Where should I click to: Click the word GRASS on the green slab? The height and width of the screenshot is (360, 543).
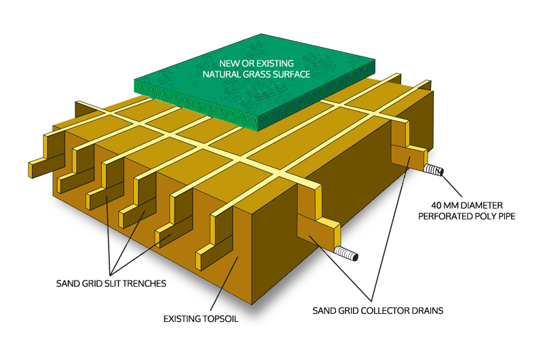coord(260,74)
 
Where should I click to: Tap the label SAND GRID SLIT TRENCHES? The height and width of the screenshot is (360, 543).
coord(110,283)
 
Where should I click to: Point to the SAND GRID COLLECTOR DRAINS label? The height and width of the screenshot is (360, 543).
coord(377,311)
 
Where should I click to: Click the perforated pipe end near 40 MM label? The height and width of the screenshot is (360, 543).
coord(435,170)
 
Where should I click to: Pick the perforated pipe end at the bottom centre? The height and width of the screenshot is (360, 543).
coord(350,257)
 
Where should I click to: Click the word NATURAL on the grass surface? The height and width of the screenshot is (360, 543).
coord(221,74)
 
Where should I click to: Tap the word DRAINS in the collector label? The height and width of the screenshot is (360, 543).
coord(426,311)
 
